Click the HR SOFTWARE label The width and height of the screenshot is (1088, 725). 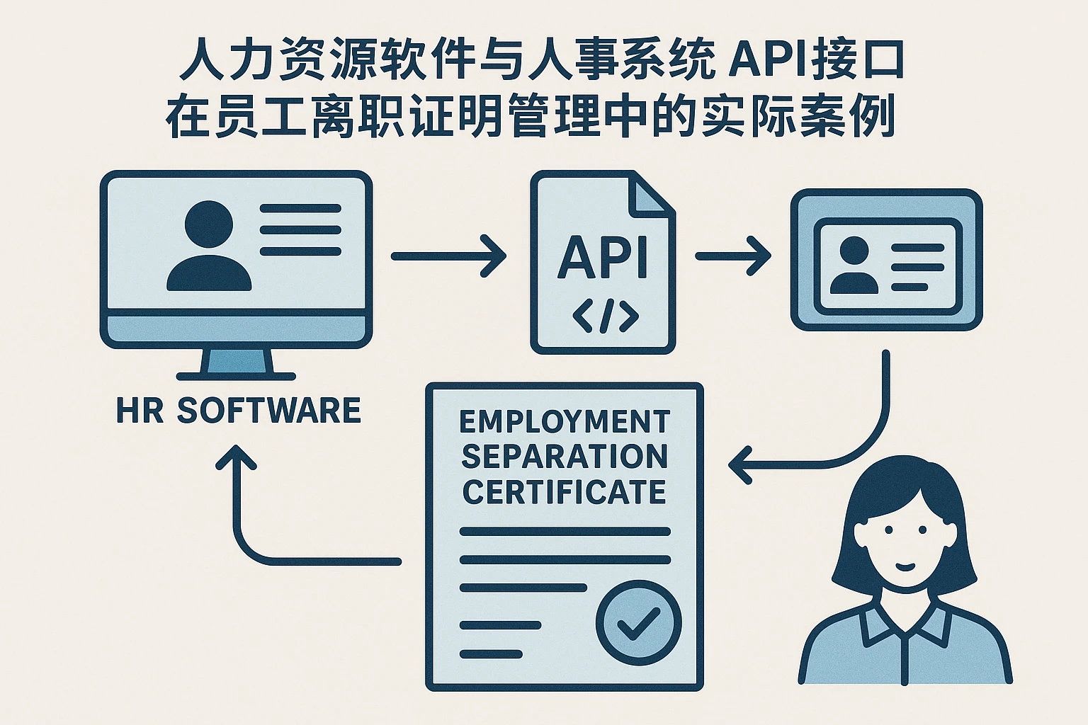click(x=238, y=411)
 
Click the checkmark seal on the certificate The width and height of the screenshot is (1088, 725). click(x=638, y=622)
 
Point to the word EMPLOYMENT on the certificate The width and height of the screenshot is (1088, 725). click(x=564, y=422)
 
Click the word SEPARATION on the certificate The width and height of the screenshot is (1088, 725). click(x=564, y=457)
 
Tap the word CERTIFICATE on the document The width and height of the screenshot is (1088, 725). click(x=564, y=491)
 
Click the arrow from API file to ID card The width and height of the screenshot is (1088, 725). click(x=732, y=256)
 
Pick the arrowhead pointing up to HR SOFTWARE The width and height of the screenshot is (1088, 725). click(x=236, y=457)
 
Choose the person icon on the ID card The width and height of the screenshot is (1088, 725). click(x=854, y=265)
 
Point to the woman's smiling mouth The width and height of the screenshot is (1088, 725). click(x=905, y=565)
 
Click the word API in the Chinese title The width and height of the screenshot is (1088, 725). click(x=766, y=62)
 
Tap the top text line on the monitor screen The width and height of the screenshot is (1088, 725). click(x=300, y=209)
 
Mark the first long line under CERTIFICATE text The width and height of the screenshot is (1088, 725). click(x=565, y=531)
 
